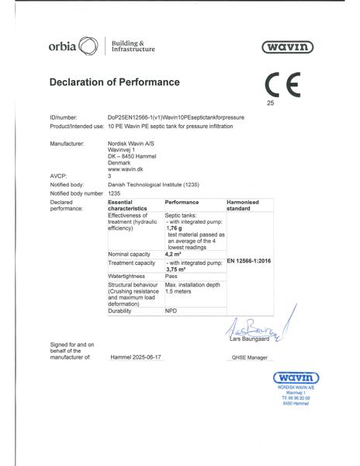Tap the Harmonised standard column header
[x=247, y=204]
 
